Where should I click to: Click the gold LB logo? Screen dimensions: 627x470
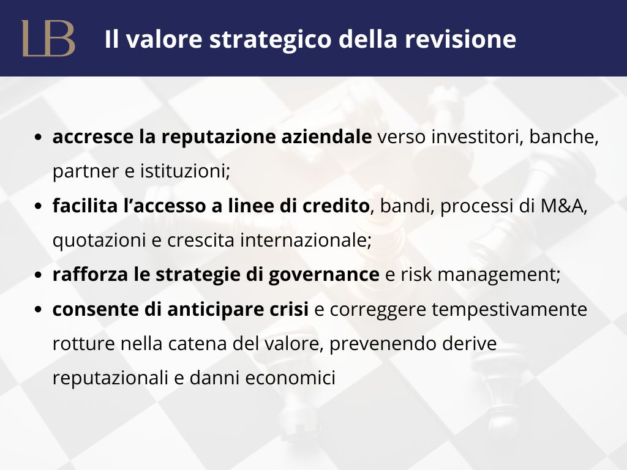point(48,39)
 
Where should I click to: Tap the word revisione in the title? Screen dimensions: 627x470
point(460,39)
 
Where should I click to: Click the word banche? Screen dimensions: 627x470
point(564,137)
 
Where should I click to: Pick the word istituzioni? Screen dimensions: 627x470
point(185,171)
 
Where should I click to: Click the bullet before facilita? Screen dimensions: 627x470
point(38,206)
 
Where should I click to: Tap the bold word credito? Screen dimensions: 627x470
point(336,206)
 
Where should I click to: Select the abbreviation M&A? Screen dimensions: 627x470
point(564,206)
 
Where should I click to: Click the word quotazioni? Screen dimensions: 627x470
point(99,241)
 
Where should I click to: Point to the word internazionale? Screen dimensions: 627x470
point(306,240)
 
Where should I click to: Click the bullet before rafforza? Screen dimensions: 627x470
point(38,275)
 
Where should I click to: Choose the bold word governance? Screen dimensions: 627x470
point(324,275)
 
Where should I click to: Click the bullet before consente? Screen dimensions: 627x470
point(38,309)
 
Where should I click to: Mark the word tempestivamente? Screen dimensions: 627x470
point(509,310)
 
